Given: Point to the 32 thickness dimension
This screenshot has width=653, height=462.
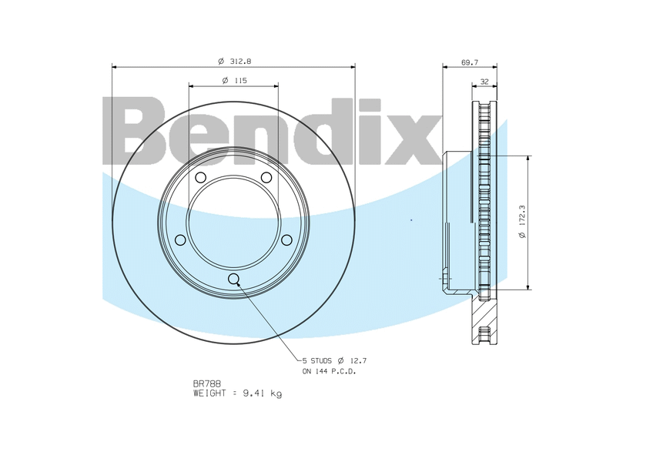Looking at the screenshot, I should pos(484,81).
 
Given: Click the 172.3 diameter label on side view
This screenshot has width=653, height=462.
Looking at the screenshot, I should pos(523,221).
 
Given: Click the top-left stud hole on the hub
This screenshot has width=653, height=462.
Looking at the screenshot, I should pos(200,179).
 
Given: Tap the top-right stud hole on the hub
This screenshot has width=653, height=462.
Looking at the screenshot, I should pos(266,179).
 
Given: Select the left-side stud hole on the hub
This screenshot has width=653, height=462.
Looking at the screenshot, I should pos(180,240).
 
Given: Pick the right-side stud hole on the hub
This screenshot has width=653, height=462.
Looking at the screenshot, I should pos(286,240).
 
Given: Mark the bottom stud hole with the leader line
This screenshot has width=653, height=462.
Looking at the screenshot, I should pos(234,279).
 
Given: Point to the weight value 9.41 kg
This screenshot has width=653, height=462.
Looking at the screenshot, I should pos(263,393).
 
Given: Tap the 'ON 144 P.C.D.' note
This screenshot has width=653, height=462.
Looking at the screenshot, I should pos(329,371).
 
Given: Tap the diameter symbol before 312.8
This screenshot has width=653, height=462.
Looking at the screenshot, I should pos(221,60).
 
